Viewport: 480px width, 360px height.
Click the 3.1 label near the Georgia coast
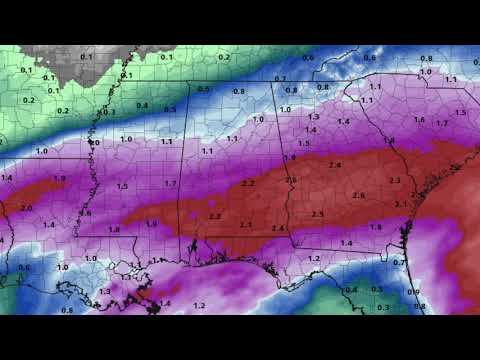coord(401,204)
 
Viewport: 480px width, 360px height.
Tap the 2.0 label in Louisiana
coord(26,208)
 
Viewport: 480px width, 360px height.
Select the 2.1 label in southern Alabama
coord(246,225)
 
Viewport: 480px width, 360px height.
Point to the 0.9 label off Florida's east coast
coord(414,291)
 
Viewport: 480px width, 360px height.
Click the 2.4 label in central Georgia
coord(335,165)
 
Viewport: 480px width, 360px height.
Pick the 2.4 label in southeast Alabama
coord(279,229)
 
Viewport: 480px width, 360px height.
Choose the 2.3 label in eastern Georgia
coord(394,180)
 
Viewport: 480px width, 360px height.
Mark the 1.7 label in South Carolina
coord(441,123)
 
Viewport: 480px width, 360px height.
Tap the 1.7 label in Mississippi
coord(171,184)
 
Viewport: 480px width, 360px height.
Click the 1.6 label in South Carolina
coord(419,120)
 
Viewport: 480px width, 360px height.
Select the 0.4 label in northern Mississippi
coord(142,105)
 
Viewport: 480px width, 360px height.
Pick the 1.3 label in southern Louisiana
coord(105,291)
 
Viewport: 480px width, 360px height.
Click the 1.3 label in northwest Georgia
coord(313,117)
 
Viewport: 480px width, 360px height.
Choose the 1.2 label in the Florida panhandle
coord(313,259)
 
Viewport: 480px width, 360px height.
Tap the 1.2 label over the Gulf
coord(199,305)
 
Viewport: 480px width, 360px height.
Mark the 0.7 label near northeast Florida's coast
coord(398,262)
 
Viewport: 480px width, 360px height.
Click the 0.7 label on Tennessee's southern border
coord(280,79)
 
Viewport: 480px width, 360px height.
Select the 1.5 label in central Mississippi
coord(122,187)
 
